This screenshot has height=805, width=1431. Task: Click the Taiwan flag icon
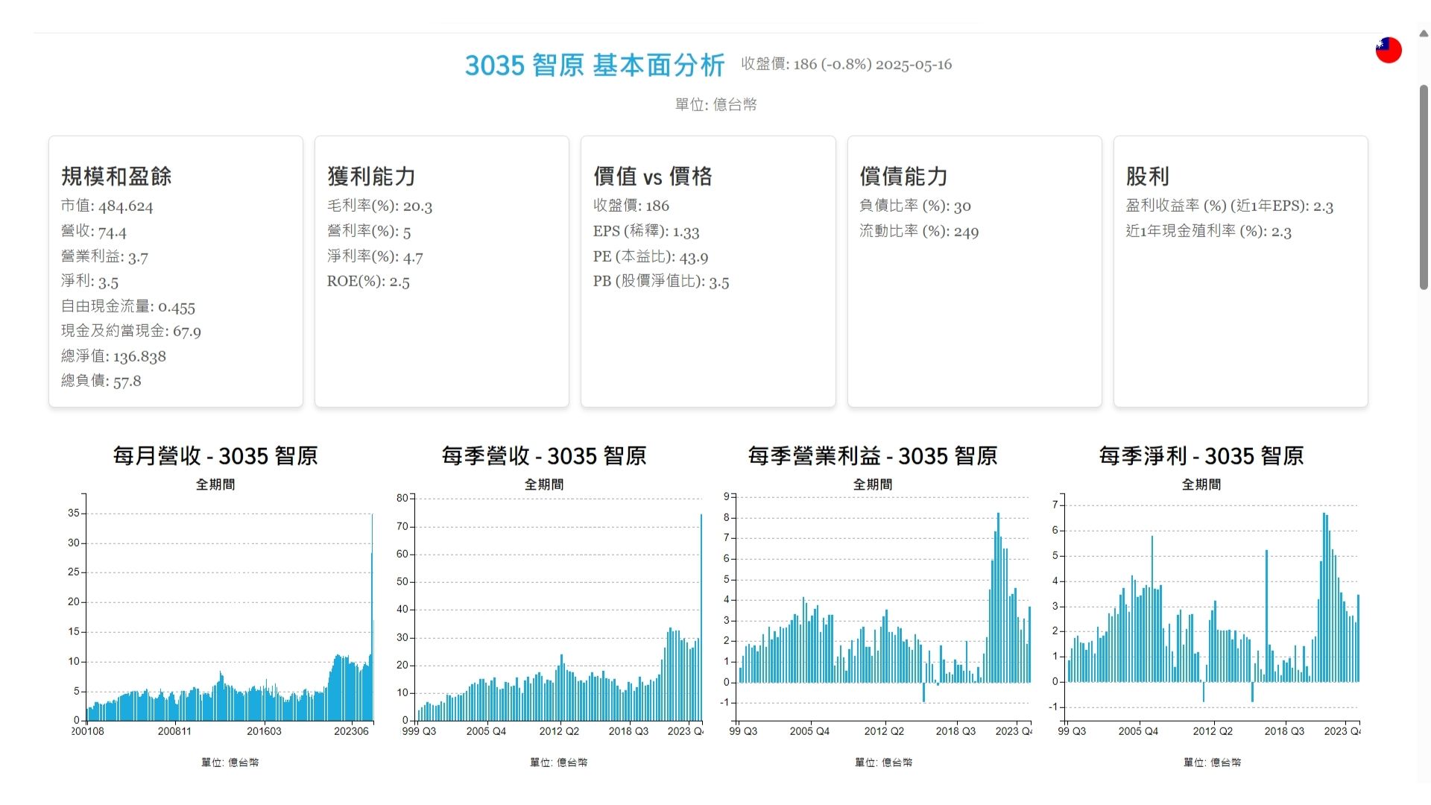coord(1389,50)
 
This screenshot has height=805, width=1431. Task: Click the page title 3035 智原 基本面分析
coord(594,66)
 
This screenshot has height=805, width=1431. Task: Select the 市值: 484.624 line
coord(107,206)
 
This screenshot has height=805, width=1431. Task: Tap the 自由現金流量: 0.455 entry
coord(128,306)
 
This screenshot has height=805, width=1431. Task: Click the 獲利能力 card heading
coord(371,177)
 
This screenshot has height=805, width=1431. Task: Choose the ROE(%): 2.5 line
coord(368,281)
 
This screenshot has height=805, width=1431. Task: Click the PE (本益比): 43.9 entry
coord(651,256)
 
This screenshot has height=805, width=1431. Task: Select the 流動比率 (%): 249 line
coord(919,231)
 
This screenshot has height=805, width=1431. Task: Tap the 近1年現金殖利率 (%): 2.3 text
coord(1208,231)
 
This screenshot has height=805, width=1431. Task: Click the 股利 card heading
coord(1147,177)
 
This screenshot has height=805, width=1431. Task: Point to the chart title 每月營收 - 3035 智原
coord(215,455)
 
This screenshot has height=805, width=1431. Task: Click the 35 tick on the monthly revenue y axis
coord(73,513)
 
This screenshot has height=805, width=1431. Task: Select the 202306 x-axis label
coord(351,731)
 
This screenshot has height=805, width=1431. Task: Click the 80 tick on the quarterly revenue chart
coord(402,498)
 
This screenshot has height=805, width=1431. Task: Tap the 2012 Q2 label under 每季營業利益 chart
coord(884,731)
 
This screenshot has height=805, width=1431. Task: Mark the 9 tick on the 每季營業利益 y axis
coord(727,496)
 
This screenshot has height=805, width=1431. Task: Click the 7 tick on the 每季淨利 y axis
coord(1055,505)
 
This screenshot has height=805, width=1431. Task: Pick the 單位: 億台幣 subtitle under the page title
coord(715,105)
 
